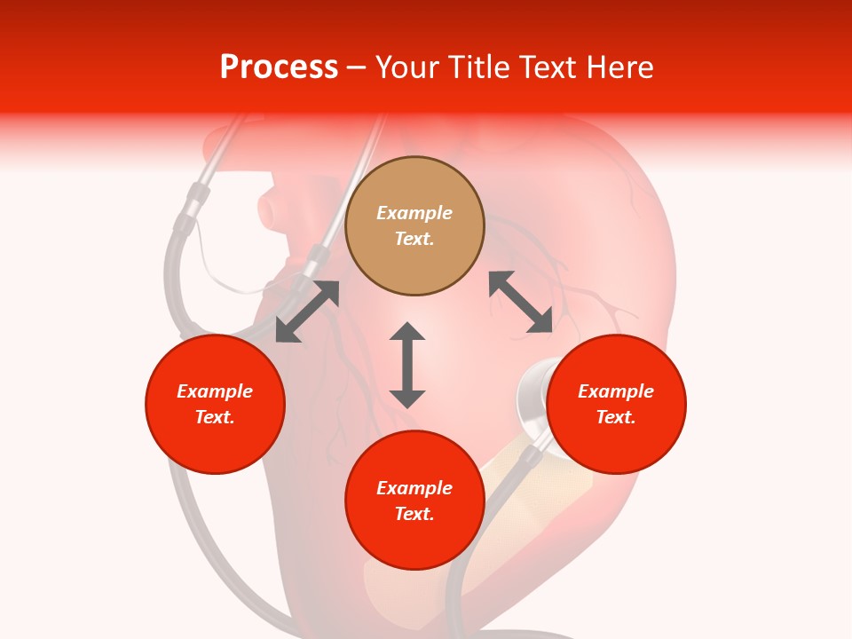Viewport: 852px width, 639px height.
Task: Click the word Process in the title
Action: tap(279, 67)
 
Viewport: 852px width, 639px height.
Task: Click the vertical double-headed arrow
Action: tap(407, 365)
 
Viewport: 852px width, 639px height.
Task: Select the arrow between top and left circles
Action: tap(307, 312)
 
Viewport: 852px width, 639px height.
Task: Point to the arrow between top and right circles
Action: tap(521, 303)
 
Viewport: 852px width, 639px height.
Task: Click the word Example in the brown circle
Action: tap(414, 213)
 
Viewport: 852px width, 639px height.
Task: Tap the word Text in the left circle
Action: tap(215, 417)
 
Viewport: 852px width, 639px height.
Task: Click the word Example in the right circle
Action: tap(616, 391)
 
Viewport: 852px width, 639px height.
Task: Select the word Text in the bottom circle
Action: tap(414, 514)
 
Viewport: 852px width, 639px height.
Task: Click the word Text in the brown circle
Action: tap(414, 239)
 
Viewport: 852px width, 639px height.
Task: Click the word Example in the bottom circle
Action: tap(414, 488)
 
